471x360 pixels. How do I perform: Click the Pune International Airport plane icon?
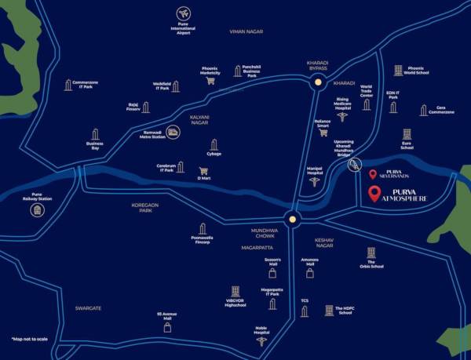tap(184, 14)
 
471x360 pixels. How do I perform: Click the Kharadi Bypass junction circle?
tap(317, 82)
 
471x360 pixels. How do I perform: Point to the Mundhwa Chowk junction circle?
tap(293, 220)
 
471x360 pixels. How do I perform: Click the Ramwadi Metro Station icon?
tap(173, 134)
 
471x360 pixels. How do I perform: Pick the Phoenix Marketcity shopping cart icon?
tap(210, 81)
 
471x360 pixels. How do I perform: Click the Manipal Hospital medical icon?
tap(315, 182)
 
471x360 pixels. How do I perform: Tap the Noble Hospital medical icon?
tap(261, 342)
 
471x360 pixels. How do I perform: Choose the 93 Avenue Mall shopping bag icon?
tap(167, 328)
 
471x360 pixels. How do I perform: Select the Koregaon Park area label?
tap(145, 208)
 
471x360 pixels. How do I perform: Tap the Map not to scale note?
tap(31, 339)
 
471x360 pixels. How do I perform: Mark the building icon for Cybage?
tap(214, 144)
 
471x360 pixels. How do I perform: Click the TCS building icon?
tap(305, 311)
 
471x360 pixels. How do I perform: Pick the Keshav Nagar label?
tap(325, 242)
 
